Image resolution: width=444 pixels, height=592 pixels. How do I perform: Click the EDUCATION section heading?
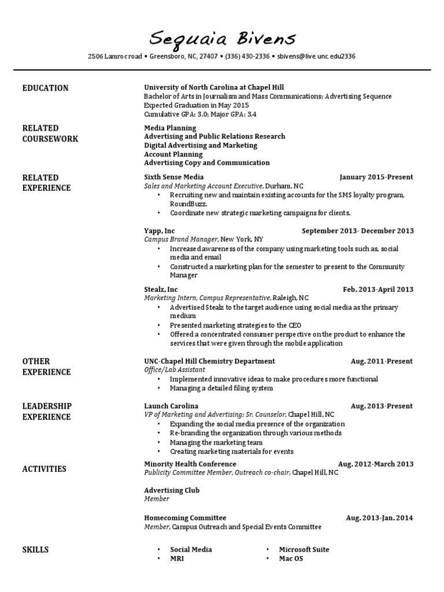click(x=45, y=88)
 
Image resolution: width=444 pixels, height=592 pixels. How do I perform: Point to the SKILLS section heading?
click(x=35, y=549)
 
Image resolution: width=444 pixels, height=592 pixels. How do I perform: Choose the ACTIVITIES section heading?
click(x=44, y=469)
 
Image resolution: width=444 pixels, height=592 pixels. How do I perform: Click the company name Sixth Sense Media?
click(x=173, y=177)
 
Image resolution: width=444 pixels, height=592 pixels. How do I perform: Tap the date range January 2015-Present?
click(x=376, y=177)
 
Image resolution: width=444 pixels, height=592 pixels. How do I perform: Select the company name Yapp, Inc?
click(x=159, y=231)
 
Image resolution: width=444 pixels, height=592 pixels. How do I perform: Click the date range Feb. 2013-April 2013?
click(x=378, y=289)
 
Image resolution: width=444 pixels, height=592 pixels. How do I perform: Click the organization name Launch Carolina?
click(x=171, y=406)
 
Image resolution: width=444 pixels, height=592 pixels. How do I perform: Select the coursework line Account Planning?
click(x=173, y=154)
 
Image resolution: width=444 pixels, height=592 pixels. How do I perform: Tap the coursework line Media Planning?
click(x=170, y=128)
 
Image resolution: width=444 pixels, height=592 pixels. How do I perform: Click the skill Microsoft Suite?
click(x=304, y=549)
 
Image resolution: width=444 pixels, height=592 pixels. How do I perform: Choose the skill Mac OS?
click(x=291, y=558)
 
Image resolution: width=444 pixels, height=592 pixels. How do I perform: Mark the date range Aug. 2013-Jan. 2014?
click(x=379, y=518)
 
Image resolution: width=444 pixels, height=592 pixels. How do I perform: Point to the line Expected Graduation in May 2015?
click(x=196, y=106)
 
